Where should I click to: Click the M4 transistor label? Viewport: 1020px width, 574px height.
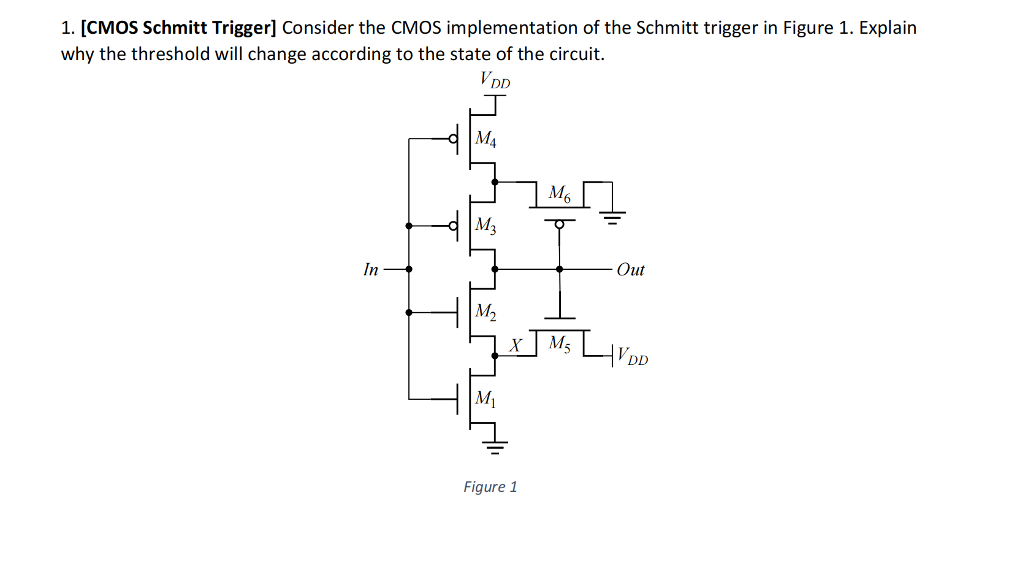tap(485, 139)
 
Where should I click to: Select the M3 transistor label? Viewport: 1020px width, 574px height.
tap(485, 225)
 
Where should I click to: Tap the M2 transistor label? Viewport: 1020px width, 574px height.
tap(485, 312)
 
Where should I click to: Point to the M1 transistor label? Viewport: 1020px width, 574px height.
tap(485, 399)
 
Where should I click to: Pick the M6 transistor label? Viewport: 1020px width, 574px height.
tap(559, 193)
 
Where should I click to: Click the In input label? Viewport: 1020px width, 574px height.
tap(371, 269)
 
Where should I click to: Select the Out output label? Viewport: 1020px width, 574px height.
tap(631, 270)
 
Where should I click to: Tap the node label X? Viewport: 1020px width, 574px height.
tap(515, 345)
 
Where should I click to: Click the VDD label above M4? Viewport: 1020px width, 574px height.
tap(495, 80)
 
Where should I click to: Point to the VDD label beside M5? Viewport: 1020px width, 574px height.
tap(633, 357)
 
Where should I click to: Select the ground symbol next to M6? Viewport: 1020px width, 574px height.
tap(612, 218)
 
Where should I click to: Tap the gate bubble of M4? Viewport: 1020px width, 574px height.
tap(453, 139)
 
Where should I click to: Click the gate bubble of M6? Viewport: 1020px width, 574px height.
tap(560, 224)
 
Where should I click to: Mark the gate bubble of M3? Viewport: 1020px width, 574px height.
tap(453, 226)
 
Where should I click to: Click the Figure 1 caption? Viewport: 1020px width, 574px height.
tap(490, 487)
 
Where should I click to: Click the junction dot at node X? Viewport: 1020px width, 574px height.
tap(495, 356)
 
